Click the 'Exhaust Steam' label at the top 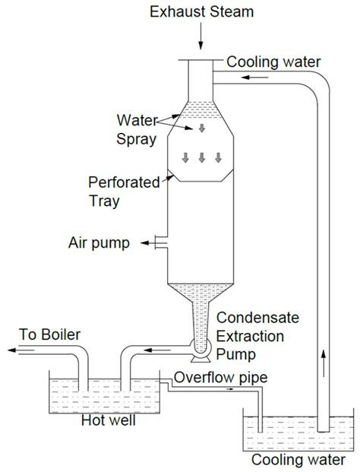tap(201, 13)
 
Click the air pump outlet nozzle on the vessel tap(159, 242)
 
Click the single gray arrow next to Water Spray tap(201, 128)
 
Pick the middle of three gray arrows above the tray tap(201, 157)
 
